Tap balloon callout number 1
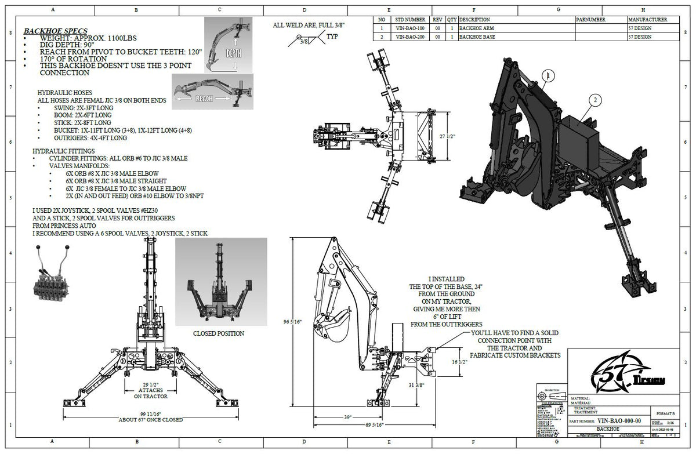pos(549,75)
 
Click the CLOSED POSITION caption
pos(219,333)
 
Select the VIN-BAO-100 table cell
pos(408,27)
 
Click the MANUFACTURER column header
pos(647,19)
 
